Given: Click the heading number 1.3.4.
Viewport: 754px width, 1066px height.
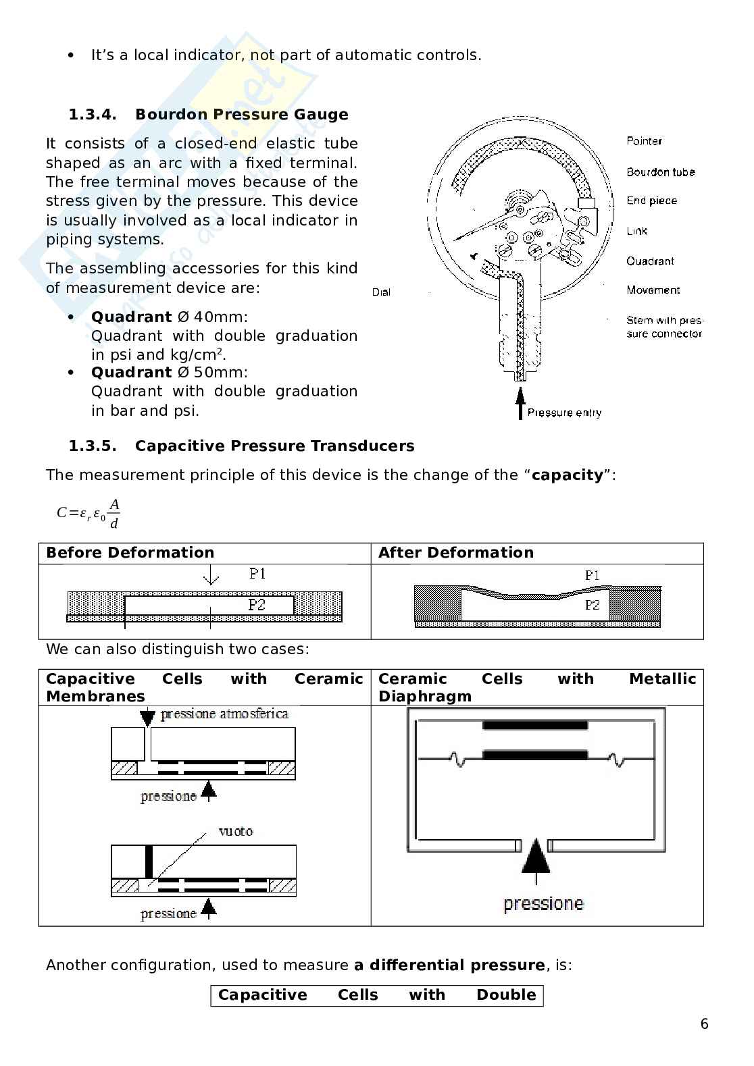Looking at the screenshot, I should click(93, 115).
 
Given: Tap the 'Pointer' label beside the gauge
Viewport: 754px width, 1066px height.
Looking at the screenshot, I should click(643, 141).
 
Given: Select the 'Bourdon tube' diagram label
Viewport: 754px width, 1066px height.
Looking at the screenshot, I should click(660, 172).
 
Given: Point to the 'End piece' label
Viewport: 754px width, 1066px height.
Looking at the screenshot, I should click(651, 201).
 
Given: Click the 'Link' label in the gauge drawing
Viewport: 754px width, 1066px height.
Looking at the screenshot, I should click(636, 231).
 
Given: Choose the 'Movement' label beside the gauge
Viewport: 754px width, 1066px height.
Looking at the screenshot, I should click(653, 290).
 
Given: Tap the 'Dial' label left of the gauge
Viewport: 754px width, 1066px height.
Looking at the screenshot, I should click(381, 292).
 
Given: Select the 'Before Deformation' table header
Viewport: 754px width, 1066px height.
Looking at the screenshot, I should click(130, 553).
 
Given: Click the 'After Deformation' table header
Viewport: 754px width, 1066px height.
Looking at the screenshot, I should click(455, 553).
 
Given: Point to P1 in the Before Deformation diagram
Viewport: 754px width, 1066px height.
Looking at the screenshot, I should click(257, 574).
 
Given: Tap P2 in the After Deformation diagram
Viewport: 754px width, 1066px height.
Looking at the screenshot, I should click(592, 605).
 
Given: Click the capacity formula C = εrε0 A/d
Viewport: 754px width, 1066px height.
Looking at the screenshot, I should click(89, 514).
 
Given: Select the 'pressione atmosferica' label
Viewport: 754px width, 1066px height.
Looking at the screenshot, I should click(224, 714).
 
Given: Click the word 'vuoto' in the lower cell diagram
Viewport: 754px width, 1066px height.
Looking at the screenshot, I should click(236, 831).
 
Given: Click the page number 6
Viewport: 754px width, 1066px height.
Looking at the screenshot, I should click(704, 1024).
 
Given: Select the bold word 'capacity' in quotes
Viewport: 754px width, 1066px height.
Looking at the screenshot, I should click(567, 475).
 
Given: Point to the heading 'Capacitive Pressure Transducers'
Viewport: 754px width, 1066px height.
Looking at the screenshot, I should click(274, 446).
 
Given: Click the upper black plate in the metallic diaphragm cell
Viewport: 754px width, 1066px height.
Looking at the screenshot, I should click(535, 726).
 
